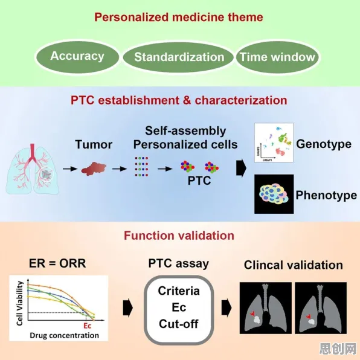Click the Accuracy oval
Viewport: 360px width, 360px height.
(77, 57)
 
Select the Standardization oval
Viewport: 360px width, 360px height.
(178, 57)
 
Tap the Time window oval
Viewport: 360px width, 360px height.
(277, 57)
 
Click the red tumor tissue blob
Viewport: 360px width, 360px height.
(94, 169)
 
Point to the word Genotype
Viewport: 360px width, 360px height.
(324, 144)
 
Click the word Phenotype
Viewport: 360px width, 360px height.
(326, 195)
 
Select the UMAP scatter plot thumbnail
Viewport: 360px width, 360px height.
(274, 143)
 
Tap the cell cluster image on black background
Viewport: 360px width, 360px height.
(274, 194)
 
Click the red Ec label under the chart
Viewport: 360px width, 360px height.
(87, 326)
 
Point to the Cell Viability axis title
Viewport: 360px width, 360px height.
(20, 303)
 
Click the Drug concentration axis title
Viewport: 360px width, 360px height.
(64, 335)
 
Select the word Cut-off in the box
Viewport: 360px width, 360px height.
(179, 324)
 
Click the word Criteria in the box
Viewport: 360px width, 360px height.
(179, 291)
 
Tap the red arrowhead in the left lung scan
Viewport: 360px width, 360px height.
(252, 313)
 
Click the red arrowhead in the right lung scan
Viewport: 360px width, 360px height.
(308, 317)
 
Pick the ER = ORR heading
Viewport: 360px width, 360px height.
(57, 263)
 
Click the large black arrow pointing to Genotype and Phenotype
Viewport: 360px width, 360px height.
(241, 169)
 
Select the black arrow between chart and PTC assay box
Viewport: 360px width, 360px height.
(128, 307)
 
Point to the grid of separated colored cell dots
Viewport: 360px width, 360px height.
(141, 167)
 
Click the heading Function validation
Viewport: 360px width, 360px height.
(179, 236)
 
